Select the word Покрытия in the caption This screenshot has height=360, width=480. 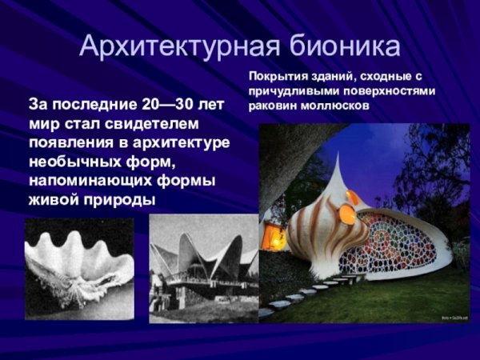point(276,76)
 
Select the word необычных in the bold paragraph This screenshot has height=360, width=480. point(70,162)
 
